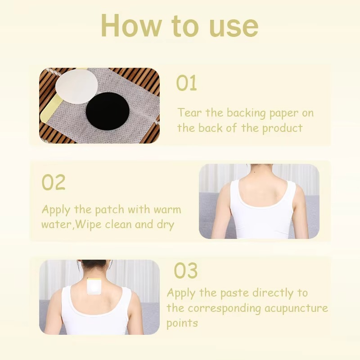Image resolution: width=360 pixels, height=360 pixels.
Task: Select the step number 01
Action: pos(186,84)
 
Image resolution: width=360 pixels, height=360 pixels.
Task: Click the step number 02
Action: pos(54,183)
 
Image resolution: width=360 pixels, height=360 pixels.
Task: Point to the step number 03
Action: pos(185,271)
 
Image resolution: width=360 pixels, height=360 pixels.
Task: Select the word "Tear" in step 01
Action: pos(189,112)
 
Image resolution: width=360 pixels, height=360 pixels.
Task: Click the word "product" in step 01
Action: pos(282,128)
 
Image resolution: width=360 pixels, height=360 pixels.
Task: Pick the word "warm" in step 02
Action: pos(166,210)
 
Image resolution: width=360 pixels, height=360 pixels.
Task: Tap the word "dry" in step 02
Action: pos(165,224)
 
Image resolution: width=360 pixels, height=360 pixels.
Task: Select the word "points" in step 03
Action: pos(182,323)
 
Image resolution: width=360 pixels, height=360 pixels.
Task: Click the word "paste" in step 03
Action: pos(234,293)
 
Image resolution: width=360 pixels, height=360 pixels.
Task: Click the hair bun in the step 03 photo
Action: pos(94,265)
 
